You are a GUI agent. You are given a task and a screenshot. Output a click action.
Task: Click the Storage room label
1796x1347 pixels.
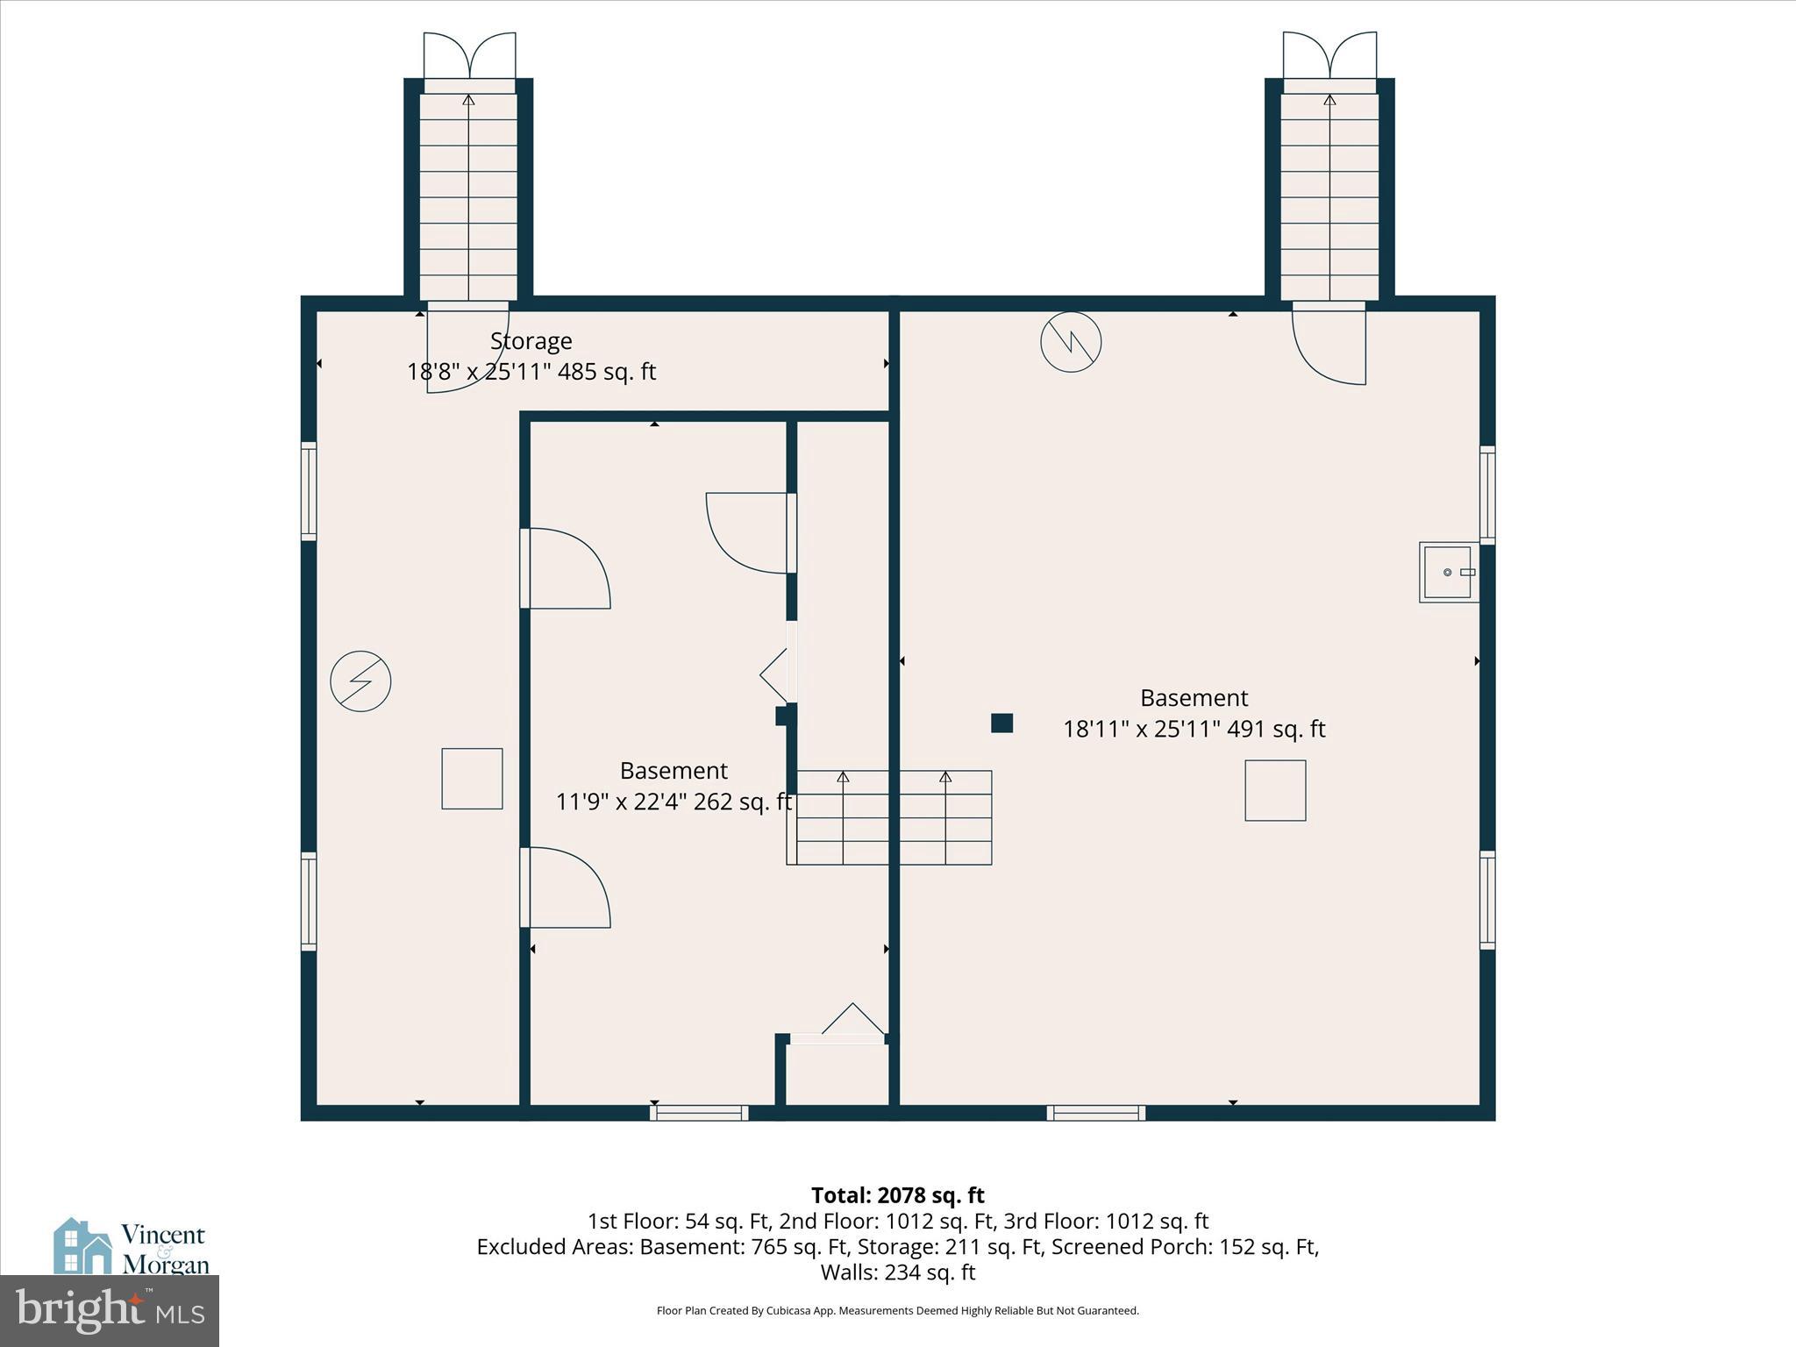[x=531, y=341]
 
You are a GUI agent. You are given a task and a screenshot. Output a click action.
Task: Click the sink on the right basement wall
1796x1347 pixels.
[x=1448, y=573]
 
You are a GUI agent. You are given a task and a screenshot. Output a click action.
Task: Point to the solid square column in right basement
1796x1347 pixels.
[x=1001, y=723]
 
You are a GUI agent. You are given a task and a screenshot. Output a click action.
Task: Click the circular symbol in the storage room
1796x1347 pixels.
[x=360, y=681]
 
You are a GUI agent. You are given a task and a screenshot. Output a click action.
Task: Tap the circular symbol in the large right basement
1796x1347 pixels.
[x=1071, y=342]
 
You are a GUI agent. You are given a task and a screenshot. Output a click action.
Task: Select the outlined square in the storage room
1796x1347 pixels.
[x=472, y=779]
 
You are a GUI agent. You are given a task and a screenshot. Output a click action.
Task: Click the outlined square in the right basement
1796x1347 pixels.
[x=1275, y=791]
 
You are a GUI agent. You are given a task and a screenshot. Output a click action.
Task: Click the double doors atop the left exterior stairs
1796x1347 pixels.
[x=469, y=56]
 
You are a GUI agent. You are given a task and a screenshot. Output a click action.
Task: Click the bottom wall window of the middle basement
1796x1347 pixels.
[x=699, y=1113]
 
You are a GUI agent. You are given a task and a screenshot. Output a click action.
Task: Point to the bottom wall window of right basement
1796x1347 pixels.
[x=1096, y=1113]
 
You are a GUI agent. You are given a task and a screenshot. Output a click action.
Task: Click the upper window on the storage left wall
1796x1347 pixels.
[x=309, y=491]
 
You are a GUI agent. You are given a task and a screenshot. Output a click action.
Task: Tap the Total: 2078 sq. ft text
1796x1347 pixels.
[x=897, y=1196]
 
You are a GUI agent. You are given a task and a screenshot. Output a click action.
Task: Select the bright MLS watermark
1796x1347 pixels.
[x=110, y=1310]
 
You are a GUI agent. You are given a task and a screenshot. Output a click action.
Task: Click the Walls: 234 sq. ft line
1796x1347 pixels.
[x=897, y=1272]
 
